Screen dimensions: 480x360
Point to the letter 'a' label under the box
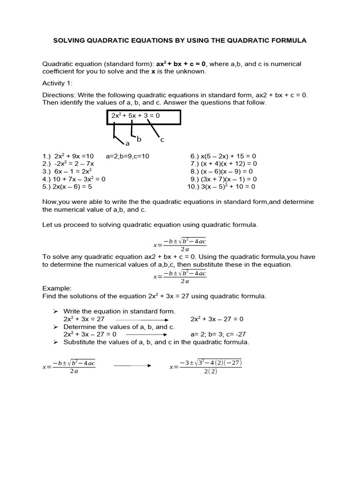(x=127, y=143)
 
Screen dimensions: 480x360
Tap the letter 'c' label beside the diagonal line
(x=162, y=140)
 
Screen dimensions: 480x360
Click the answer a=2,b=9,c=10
(x=127, y=156)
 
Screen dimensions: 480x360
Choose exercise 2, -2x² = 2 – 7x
(x=68, y=164)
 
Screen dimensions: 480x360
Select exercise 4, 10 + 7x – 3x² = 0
(x=74, y=179)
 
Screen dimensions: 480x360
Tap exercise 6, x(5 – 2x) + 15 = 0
(x=223, y=156)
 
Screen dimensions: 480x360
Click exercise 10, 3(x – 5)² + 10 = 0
(x=221, y=186)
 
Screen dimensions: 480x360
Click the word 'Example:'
(x=57, y=288)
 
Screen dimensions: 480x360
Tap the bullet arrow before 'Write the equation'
(x=55, y=311)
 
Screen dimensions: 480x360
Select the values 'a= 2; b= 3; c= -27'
(x=218, y=334)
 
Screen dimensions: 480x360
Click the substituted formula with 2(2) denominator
(x=206, y=367)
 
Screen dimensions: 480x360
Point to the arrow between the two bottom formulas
(x=133, y=366)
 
